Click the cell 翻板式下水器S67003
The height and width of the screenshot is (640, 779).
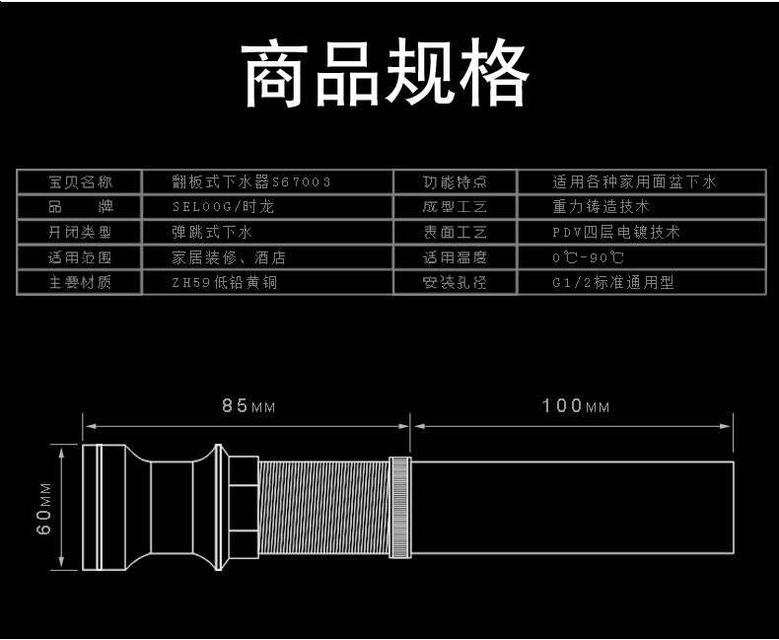click(x=250, y=182)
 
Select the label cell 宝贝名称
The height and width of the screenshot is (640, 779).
click(x=81, y=182)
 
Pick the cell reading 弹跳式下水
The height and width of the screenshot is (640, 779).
click(x=213, y=233)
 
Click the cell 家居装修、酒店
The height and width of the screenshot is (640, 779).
click(x=229, y=257)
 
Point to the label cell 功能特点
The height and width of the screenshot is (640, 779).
click(x=455, y=182)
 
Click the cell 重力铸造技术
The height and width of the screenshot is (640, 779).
click(x=602, y=207)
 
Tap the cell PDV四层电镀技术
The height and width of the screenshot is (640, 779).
click(x=616, y=233)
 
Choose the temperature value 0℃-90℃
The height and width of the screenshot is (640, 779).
click(x=589, y=257)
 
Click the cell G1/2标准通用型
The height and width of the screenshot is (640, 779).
click(x=613, y=283)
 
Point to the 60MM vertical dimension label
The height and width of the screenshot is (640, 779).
click(x=44, y=507)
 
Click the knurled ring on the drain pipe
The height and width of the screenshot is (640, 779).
click(x=399, y=507)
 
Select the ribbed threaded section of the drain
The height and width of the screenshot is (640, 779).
click(x=324, y=507)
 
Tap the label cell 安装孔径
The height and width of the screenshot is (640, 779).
click(x=455, y=283)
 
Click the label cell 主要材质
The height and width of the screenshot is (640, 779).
click(x=81, y=283)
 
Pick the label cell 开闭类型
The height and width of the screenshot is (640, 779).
click(x=81, y=233)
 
